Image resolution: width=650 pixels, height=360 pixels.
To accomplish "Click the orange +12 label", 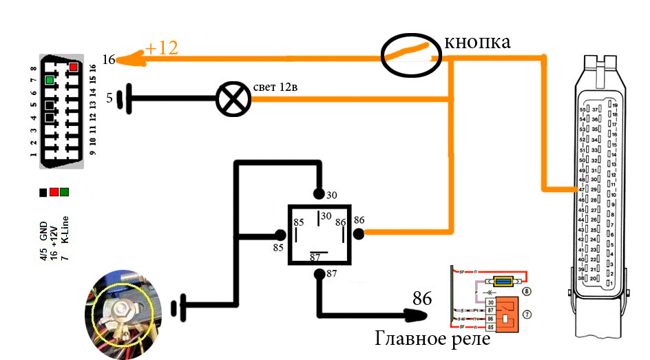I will coord(162,49).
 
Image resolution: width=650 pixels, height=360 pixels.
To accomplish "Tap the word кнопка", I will coord(477,42).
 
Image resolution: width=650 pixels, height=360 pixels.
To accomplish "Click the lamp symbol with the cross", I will coord(233,100).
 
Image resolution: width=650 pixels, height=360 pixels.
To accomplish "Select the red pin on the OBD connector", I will coord(72,67).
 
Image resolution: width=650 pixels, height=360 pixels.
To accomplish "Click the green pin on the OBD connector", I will coord(49,80).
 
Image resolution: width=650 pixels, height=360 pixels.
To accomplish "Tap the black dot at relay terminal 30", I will coord(319,193).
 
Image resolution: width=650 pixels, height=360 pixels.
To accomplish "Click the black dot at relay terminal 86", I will coord(359,233).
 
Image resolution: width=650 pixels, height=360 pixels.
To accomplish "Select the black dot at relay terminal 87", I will coord(319,275).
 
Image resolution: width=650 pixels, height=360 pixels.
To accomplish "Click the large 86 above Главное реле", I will coord(421,299).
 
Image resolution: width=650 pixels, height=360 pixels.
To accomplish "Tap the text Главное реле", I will coord(432,339).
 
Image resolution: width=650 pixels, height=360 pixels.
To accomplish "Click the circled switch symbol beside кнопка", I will coord(411,56).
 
